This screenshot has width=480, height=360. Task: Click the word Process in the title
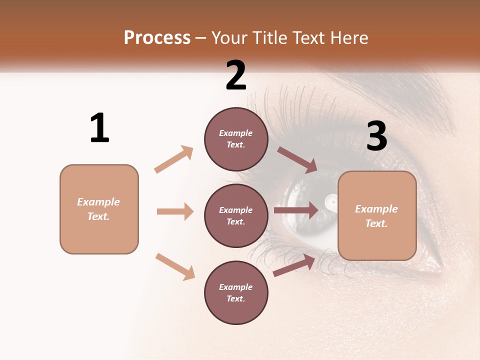click(x=157, y=37)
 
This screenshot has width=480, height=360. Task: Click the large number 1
click(x=99, y=128)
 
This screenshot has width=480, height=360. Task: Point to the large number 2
click(x=236, y=75)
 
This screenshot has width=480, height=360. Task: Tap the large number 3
click(x=377, y=136)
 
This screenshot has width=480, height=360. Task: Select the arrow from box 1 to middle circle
click(x=175, y=211)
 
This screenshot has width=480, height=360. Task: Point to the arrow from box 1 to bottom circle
click(x=175, y=266)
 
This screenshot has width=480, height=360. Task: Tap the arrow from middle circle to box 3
click(x=296, y=210)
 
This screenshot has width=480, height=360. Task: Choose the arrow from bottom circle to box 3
click(x=294, y=265)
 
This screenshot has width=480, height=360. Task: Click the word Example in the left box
click(x=98, y=202)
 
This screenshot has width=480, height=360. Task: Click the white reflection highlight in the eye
click(x=331, y=201)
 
